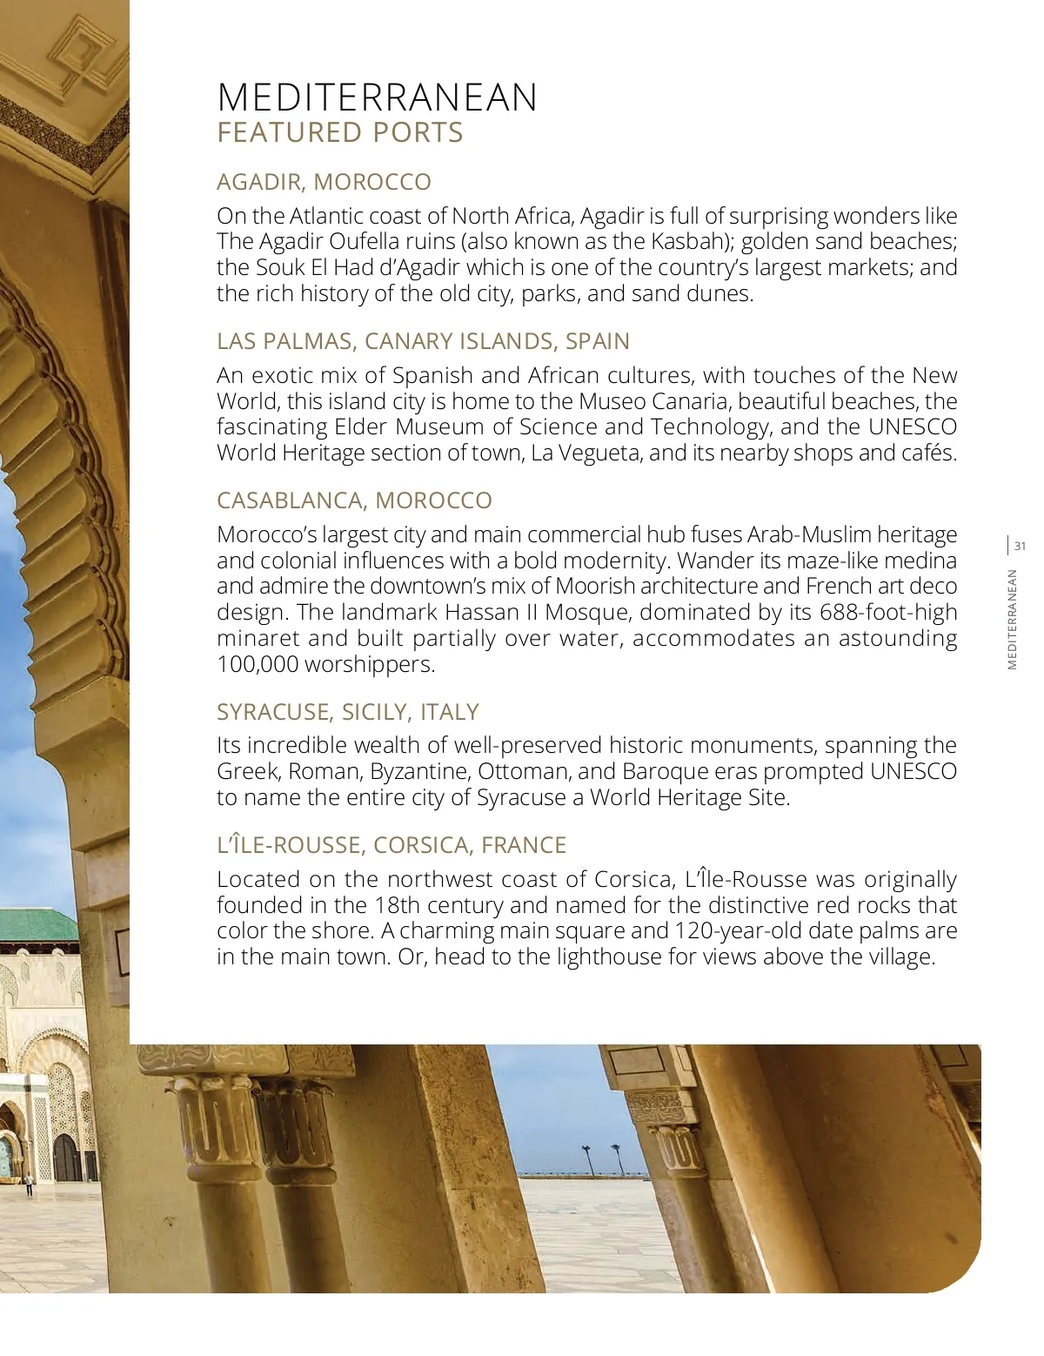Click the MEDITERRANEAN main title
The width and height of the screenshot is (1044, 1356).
click(x=377, y=97)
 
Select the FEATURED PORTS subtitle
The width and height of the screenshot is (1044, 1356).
click(x=339, y=133)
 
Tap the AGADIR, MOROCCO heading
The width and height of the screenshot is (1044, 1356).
click(x=324, y=182)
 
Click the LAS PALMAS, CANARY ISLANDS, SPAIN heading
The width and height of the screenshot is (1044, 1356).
click(x=423, y=341)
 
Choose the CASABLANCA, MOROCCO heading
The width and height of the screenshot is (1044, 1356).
click(x=354, y=500)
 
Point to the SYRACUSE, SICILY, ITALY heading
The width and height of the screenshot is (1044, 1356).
click(x=347, y=712)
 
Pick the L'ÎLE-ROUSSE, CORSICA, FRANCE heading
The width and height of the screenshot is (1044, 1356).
click(x=391, y=845)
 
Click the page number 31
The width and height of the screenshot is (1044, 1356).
click(x=1021, y=547)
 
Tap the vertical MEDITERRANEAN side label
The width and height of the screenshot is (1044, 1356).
click(x=1012, y=619)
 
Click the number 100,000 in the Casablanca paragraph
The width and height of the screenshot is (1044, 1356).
click(x=253, y=664)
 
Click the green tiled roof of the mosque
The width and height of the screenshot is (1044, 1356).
click(x=35, y=923)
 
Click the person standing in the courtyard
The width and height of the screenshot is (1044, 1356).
click(x=28, y=1185)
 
